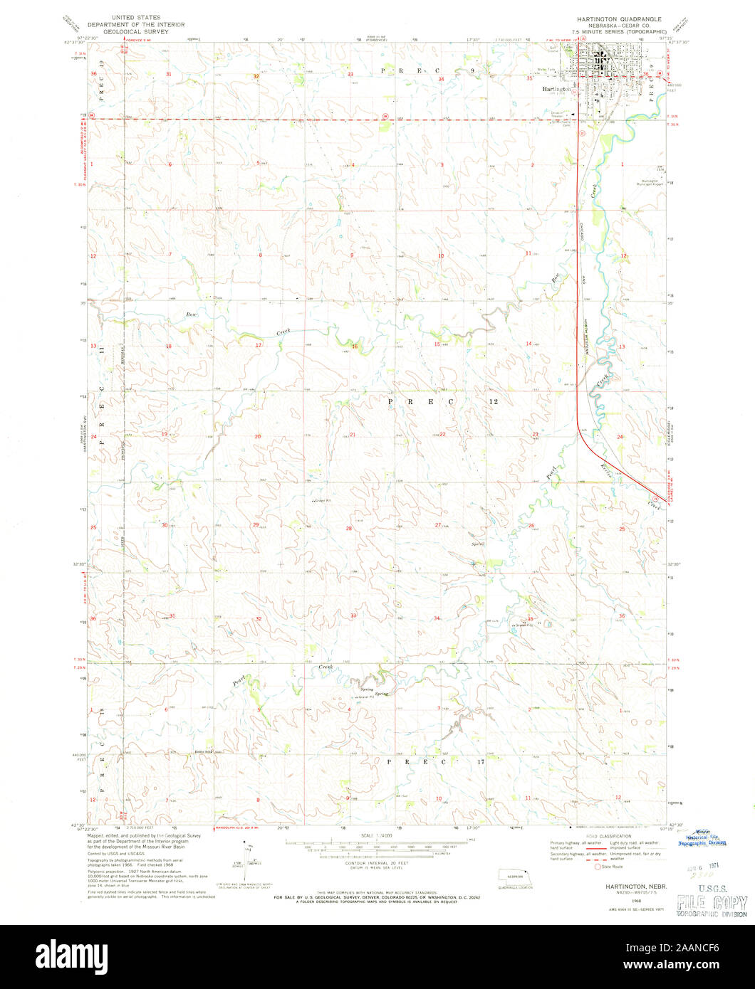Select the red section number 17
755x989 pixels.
click(x=259, y=347)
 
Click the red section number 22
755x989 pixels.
click(x=442, y=435)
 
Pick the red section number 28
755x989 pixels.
click(x=349, y=529)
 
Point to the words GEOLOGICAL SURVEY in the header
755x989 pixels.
click(x=135, y=31)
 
